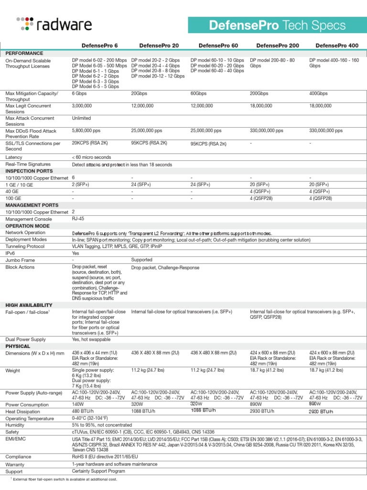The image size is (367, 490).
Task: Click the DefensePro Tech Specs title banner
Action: [277, 25]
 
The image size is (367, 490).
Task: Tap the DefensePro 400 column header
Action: [336, 45]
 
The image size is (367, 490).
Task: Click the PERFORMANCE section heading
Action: [24, 53]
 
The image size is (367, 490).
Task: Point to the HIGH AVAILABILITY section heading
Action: [29, 305]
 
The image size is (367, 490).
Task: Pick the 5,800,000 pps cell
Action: [87, 130]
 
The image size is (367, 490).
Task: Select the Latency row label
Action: [14, 157]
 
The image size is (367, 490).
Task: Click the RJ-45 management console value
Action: [78, 219]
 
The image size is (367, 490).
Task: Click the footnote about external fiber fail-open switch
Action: [64, 479]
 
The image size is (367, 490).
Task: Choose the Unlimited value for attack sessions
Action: [81, 118]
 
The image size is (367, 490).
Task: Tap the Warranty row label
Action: [15, 464]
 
